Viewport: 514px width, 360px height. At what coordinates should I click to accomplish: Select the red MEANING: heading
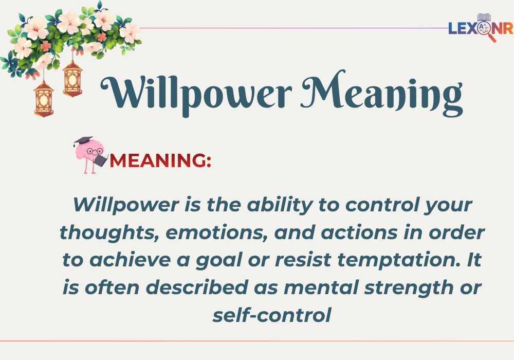tap(160, 160)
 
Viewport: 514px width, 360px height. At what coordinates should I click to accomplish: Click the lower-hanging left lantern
tap(44, 98)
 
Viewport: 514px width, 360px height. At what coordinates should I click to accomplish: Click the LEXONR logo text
tap(480, 28)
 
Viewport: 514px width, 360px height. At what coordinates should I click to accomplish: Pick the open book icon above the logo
tap(484, 17)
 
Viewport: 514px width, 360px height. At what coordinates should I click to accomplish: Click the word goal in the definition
tap(226, 260)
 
